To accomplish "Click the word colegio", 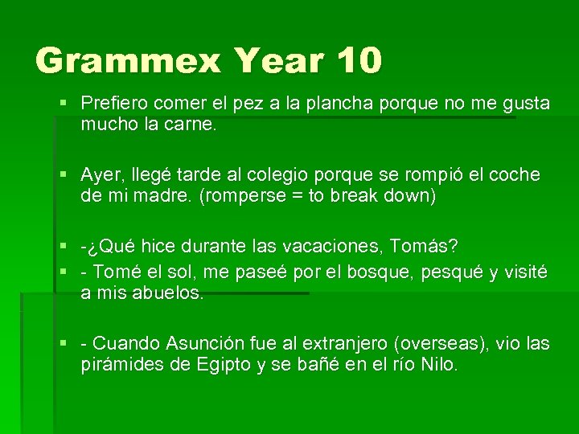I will [x=285, y=175].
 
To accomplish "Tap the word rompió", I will [x=424, y=175].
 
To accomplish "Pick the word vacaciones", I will [x=310, y=246].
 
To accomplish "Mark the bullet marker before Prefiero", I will [x=64, y=104].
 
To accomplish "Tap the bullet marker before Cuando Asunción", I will [x=64, y=344].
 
